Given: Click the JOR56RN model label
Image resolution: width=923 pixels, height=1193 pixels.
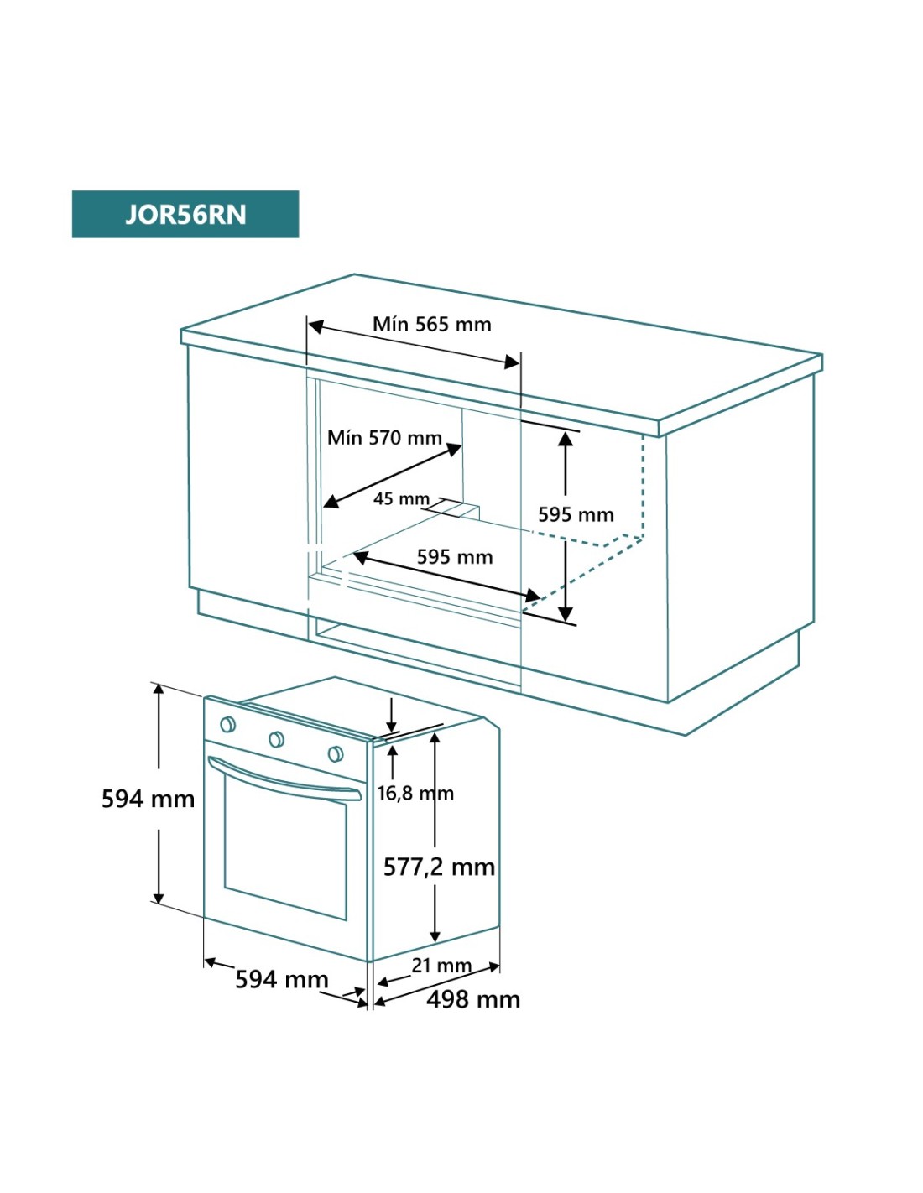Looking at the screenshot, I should coord(185,215).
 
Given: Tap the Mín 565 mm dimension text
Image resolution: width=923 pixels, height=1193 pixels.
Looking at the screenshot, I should coord(431,325).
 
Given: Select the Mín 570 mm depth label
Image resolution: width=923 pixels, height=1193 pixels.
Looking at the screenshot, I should coord(384,438).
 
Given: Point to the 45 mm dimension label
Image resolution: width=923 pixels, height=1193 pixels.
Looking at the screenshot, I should coord(401,499).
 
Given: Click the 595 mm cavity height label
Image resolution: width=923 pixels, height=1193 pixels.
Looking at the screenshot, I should coord(576,515).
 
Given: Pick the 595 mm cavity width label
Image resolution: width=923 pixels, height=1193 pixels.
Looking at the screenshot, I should coord(455,557).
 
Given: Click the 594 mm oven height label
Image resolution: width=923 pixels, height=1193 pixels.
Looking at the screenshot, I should coord(148,799).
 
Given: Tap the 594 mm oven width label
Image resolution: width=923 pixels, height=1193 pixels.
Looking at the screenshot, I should coord(281,979).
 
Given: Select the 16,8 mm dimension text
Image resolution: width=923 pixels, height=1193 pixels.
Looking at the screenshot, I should coord(415,793).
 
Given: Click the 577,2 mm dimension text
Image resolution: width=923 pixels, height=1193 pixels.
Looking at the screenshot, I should coord(439,867).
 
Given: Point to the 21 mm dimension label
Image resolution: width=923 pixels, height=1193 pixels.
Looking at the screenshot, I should coord(441,966).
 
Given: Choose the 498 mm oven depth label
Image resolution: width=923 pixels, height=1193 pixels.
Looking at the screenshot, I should coord(473,999).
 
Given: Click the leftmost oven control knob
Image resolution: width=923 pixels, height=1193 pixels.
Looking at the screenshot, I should coord(227,725).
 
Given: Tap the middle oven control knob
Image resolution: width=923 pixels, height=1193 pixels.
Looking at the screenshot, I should coord(276,739).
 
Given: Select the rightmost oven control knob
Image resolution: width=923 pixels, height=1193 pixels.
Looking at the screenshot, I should coord(336,753).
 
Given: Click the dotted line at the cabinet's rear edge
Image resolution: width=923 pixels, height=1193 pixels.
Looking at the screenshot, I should coord(644,487).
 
